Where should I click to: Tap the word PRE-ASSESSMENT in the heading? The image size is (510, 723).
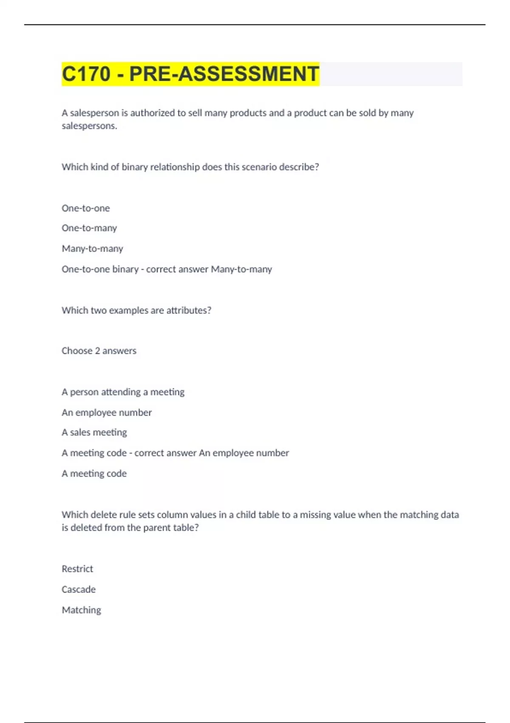[x=224, y=74]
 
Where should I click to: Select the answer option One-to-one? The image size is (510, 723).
[x=85, y=208]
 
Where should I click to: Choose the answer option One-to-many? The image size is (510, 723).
[x=89, y=228]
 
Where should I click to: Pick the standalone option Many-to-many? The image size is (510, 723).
[x=92, y=248]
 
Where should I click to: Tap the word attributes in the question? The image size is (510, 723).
[x=187, y=310]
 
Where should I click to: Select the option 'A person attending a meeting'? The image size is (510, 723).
[x=123, y=392]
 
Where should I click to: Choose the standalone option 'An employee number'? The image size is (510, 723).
[x=107, y=413]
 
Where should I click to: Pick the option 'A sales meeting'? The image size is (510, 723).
[x=94, y=433]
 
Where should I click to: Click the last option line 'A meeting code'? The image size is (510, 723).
[x=94, y=473]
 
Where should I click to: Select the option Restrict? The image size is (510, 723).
[x=77, y=569]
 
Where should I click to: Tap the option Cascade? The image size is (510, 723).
[x=79, y=589]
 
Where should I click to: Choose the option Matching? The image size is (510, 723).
[x=81, y=610]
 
